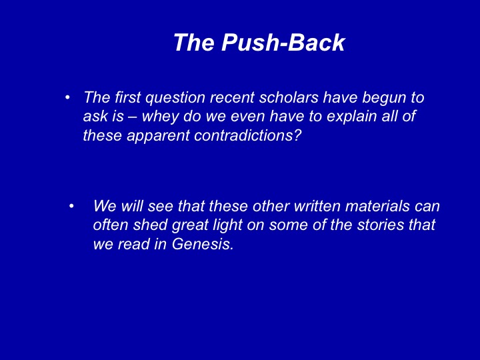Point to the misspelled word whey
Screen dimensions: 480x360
click(160, 117)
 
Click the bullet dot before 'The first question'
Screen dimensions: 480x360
click(67, 97)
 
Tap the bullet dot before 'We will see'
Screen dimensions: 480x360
click(71, 206)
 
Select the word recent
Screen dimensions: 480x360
click(232, 98)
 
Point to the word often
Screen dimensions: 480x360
click(111, 225)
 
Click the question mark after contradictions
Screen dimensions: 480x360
click(299, 135)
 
